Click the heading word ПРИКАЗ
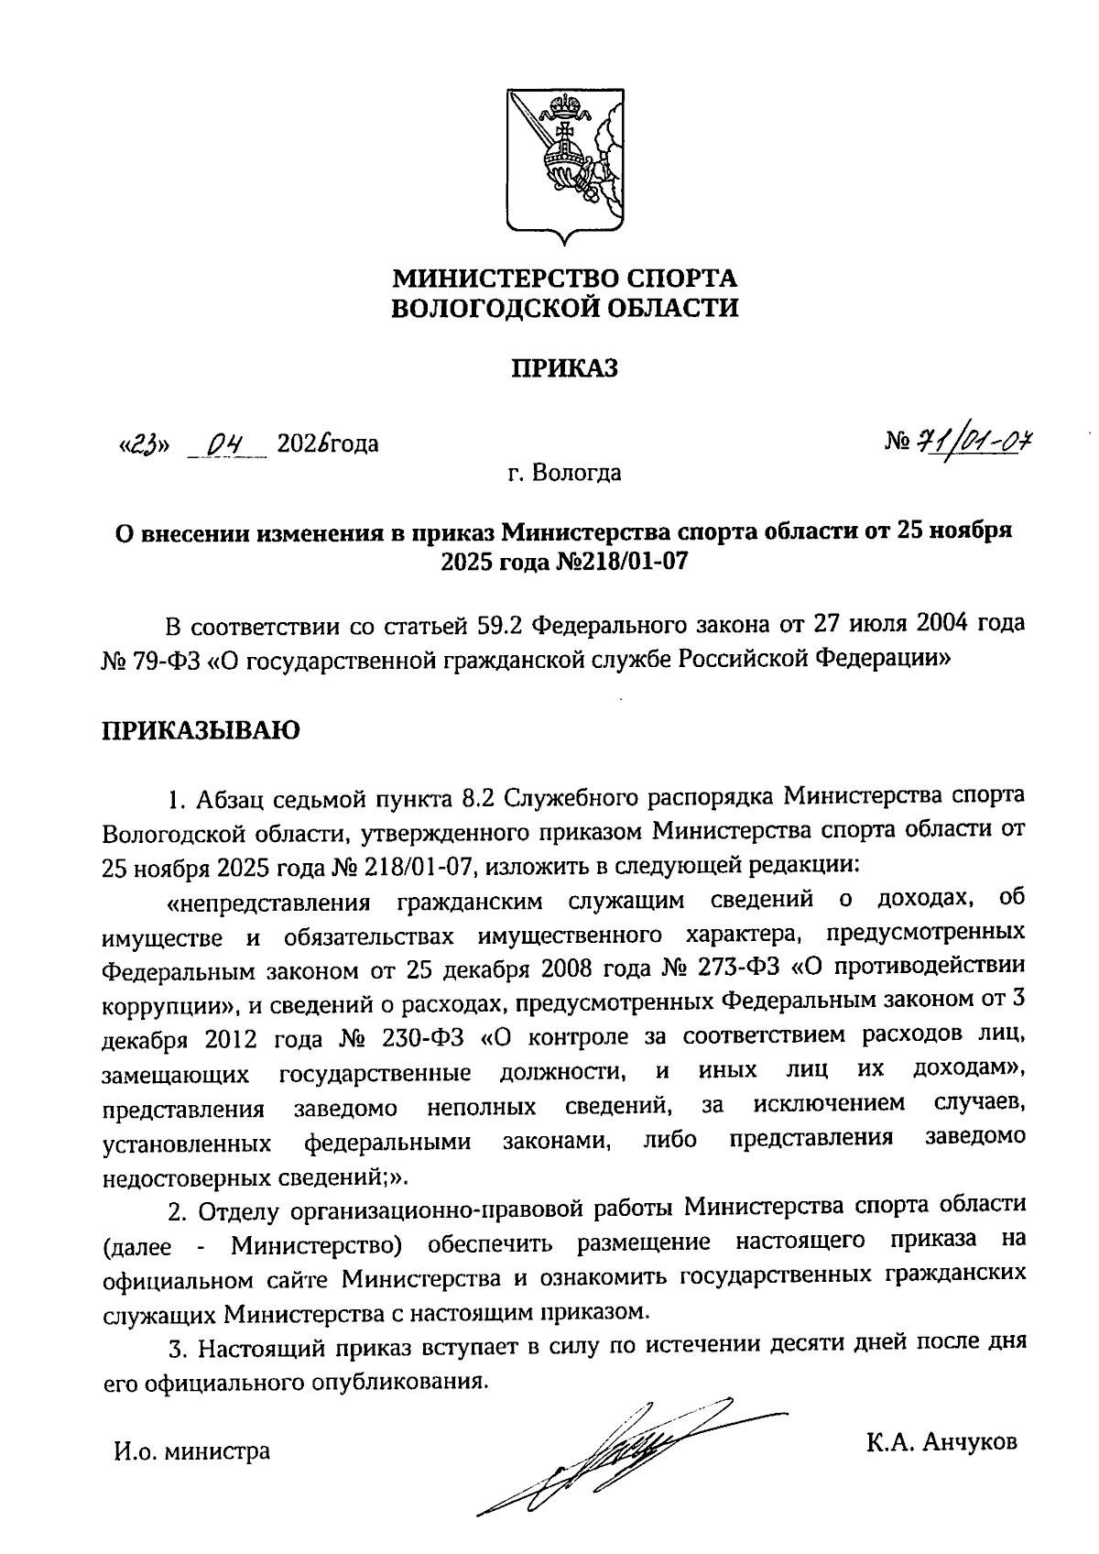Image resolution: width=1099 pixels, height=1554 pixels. (564, 367)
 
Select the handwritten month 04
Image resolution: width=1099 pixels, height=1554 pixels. (224, 445)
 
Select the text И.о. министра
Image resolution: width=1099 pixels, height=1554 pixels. (191, 1451)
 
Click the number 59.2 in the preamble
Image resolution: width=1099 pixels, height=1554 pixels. (501, 626)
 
